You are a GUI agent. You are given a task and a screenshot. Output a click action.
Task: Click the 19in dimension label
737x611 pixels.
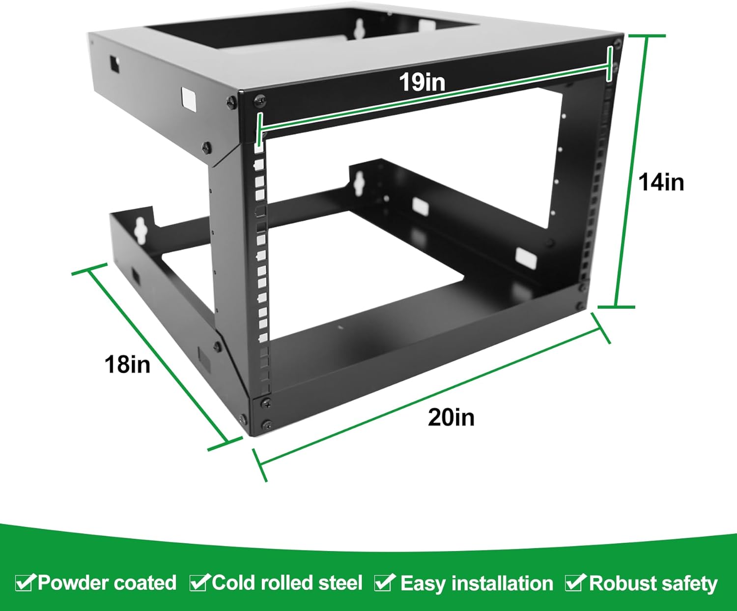pos(422,82)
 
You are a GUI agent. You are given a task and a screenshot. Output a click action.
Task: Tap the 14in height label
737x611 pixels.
pos(661,182)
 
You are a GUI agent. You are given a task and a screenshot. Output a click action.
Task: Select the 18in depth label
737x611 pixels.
pos(127,365)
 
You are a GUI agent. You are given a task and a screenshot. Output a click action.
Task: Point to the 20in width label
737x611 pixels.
pos(451,417)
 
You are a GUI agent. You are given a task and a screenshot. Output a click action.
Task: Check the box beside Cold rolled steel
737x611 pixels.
pos(199,582)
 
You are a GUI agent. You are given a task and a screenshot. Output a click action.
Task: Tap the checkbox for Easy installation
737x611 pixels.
pos(384,582)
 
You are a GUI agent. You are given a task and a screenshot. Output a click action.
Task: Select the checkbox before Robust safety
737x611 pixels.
pos(574,582)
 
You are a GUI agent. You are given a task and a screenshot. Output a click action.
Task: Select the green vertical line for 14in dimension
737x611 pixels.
pos(630,172)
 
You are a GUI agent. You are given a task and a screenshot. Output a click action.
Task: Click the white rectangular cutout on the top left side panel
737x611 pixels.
pos(189,98)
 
